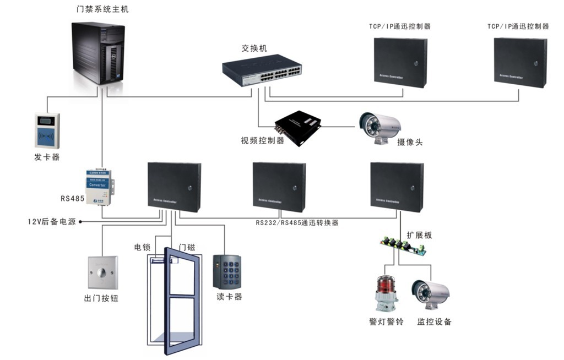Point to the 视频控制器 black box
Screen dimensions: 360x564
pyautogui.click(x=298, y=126)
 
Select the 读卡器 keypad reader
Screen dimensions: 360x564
pyautogui.click(x=227, y=271)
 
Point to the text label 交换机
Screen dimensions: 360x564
pyautogui.click(x=254, y=48)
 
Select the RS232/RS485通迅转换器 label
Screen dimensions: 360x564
pyautogui.click(x=297, y=223)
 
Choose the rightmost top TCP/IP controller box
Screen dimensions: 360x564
pyautogui.click(x=520, y=62)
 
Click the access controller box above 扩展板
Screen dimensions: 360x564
pyautogui.click(x=397, y=187)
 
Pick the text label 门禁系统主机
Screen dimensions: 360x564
pyautogui.click(x=104, y=9)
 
